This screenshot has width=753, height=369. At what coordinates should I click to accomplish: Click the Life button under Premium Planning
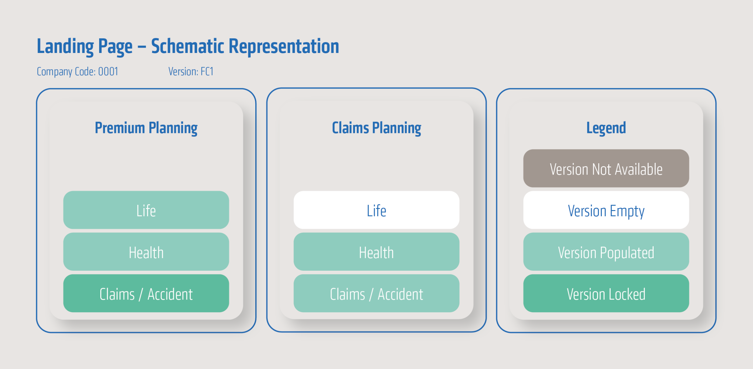(x=146, y=210)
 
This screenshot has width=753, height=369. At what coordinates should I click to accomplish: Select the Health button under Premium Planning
(x=146, y=252)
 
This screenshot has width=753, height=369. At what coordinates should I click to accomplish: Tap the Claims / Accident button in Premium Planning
(x=146, y=293)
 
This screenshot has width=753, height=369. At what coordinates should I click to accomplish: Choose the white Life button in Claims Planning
(x=376, y=210)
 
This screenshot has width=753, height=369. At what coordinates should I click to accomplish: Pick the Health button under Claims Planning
(x=376, y=252)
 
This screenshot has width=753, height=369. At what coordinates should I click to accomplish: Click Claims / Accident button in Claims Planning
(x=376, y=293)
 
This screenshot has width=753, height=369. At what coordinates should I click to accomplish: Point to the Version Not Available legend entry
(x=606, y=168)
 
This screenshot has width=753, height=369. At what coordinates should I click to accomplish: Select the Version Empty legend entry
(x=606, y=210)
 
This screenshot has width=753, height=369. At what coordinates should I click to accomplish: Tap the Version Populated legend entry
(x=606, y=252)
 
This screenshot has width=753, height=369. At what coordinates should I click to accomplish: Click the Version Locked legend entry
(x=606, y=293)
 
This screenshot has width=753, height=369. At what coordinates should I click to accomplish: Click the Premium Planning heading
(x=146, y=128)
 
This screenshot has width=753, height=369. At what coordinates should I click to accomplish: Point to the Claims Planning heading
(x=376, y=128)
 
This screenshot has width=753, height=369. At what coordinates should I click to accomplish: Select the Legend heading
(x=606, y=128)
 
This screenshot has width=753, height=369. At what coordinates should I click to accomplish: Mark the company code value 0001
(x=108, y=72)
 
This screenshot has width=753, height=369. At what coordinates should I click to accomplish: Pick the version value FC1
(x=207, y=72)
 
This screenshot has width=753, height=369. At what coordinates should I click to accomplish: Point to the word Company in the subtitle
(x=54, y=72)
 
